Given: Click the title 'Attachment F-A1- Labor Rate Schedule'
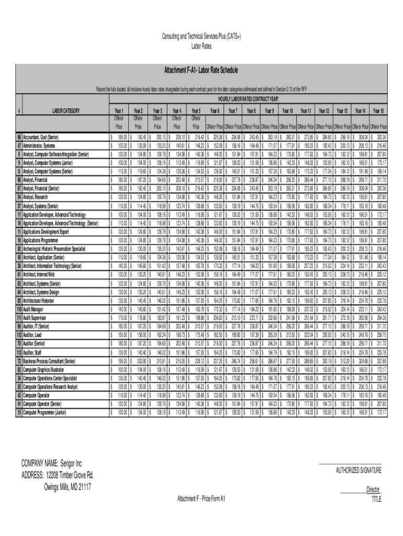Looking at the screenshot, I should coord(201,70).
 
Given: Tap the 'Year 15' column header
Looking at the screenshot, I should coord(378,111).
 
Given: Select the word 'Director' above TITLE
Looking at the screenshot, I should coord(373,489).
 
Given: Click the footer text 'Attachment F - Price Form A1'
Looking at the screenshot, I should coord(201,498).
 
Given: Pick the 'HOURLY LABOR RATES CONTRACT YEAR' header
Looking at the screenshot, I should coord(249,99).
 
